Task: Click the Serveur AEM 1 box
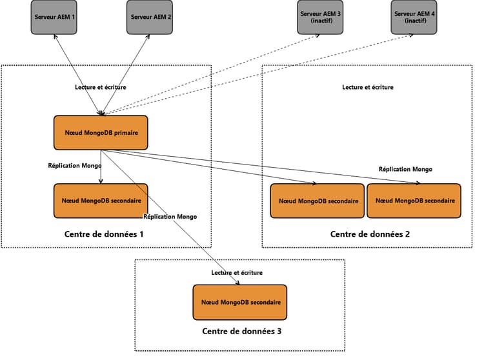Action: point(54,16)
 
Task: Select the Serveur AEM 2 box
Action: point(150,16)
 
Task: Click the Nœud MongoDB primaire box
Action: point(101,133)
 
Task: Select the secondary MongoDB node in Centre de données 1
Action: point(101,201)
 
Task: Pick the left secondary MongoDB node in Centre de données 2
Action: point(317,201)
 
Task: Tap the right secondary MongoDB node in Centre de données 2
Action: point(414,201)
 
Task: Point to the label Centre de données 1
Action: point(104,234)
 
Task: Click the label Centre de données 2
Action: point(370,234)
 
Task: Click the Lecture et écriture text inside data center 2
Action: point(367,87)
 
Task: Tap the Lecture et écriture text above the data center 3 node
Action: point(237,273)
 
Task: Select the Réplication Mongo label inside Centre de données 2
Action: point(405,169)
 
